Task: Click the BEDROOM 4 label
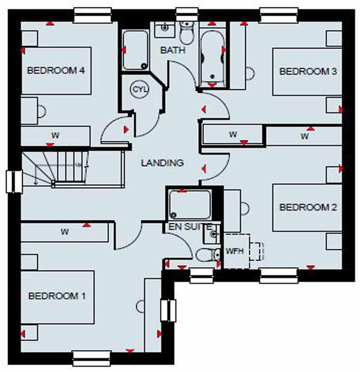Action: coord(56,71)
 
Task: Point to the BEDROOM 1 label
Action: coord(57,296)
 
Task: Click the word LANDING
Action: coord(162,163)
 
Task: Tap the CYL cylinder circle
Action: coord(140,89)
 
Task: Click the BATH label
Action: coord(173,50)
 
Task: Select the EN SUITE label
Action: coord(190,227)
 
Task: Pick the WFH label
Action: coord(235,251)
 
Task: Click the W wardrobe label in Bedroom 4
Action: coord(55,136)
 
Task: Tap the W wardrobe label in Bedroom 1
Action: coord(65,232)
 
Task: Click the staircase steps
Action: coord(71,166)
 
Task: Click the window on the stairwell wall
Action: coord(14,182)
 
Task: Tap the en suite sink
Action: coord(212,234)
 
